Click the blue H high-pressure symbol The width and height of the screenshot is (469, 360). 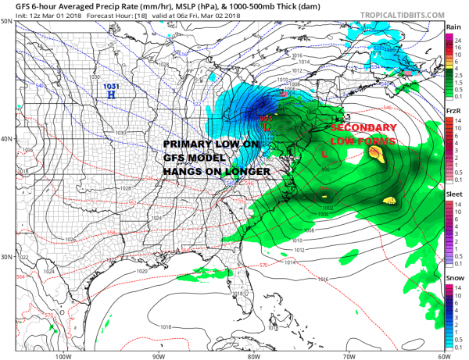click(x=112, y=94)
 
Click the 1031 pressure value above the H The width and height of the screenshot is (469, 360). click(x=112, y=83)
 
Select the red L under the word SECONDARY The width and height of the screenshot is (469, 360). click(x=324, y=155)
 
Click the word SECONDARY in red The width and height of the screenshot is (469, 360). click(x=362, y=127)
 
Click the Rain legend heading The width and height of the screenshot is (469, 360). click(x=452, y=27)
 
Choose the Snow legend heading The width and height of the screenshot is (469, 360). click(x=452, y=280)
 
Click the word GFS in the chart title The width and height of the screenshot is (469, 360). click(x=13, y=5)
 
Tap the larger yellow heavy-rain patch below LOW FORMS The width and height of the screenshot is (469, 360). click(x=376, y=155)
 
